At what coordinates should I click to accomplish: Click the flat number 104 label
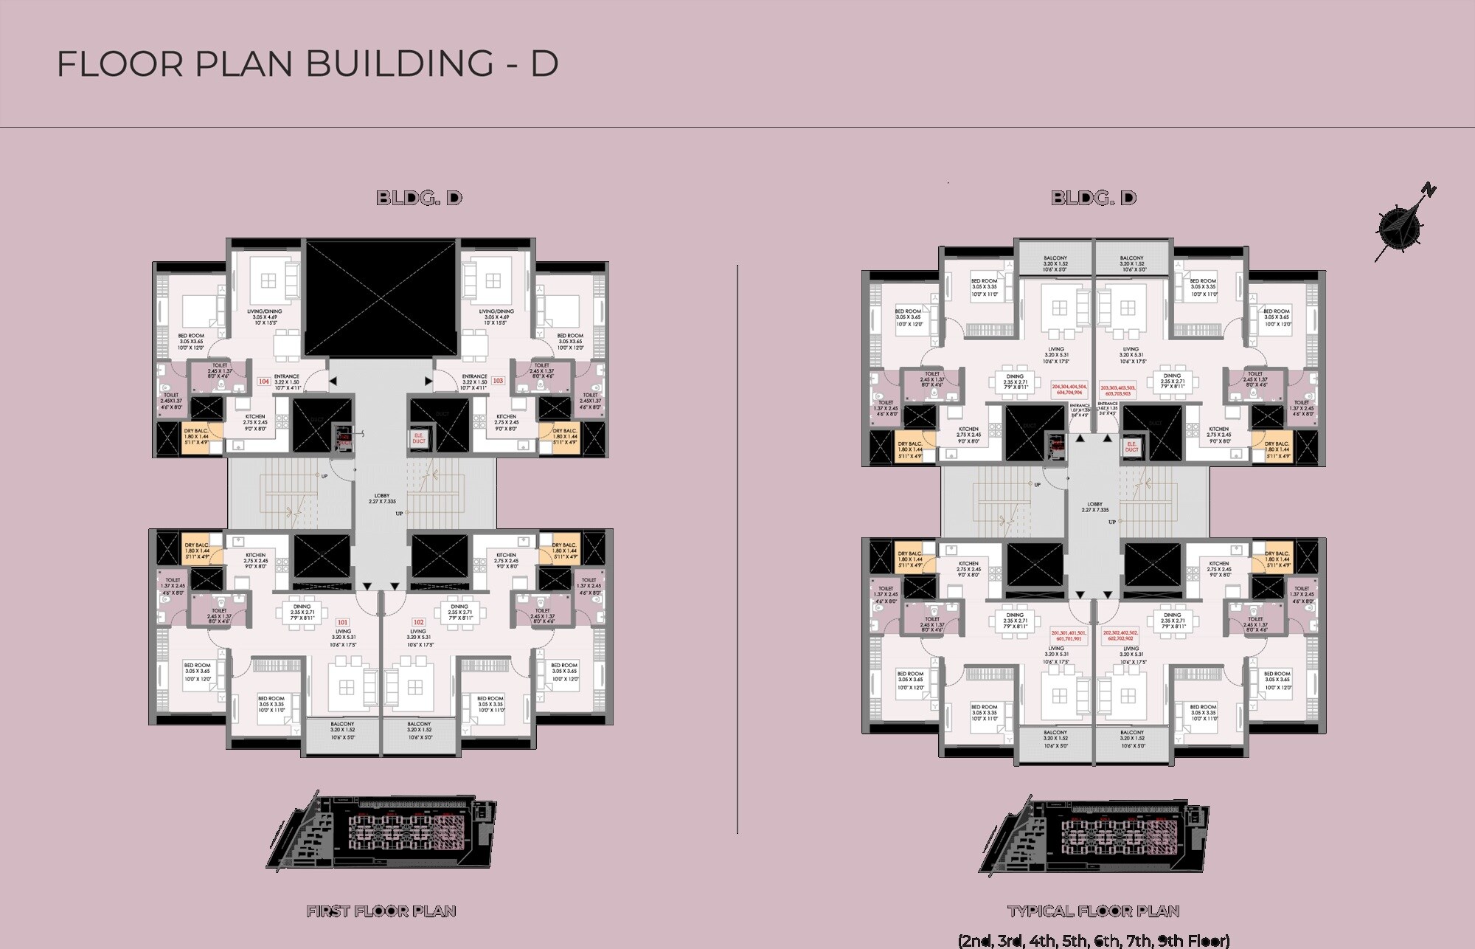(x=263, y=382)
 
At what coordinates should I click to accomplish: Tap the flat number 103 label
(x=498, y=381)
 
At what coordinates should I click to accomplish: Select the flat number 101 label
(x=342, y=621)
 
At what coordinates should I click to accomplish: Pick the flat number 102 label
(x=418, y=621)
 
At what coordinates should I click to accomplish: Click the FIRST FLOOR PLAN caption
(x=381, y=911)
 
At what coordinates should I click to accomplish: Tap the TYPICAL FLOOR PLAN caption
(x=1093, y=911)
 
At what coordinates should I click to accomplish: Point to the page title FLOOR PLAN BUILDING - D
(x=307, y=64)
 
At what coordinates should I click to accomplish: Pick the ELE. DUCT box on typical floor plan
(x=1131, y=446)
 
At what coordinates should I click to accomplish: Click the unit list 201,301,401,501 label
(x=1068, y=635)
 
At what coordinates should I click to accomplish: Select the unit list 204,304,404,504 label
(x=1069, y=390)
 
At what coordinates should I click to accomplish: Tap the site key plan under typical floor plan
(x=1093, y=835)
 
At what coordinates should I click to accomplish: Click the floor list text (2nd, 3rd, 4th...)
(x=1093, y=941)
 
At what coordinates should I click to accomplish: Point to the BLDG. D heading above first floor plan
(x=419, y=198)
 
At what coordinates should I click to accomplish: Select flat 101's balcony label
(x=342, y=731)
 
